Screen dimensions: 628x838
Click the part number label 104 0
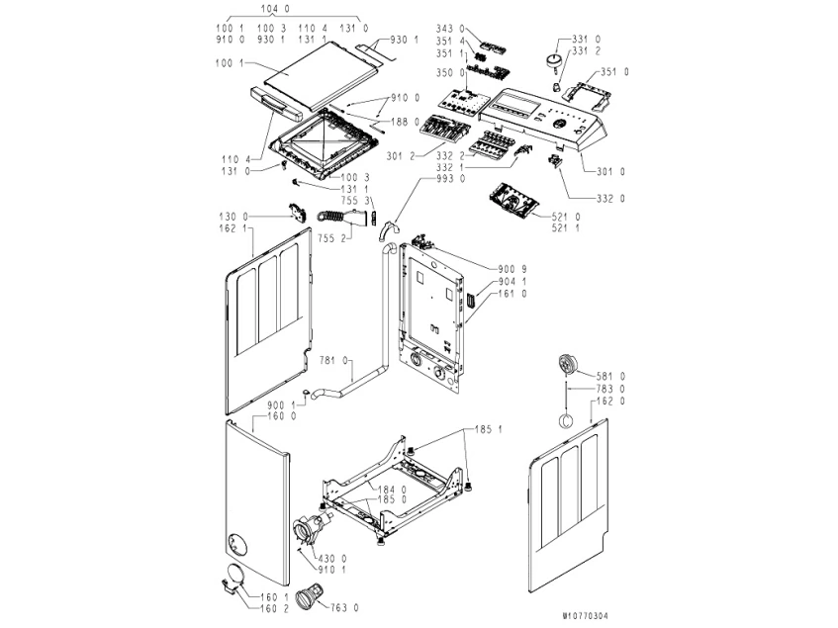271,9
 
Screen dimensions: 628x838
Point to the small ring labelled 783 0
566,419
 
